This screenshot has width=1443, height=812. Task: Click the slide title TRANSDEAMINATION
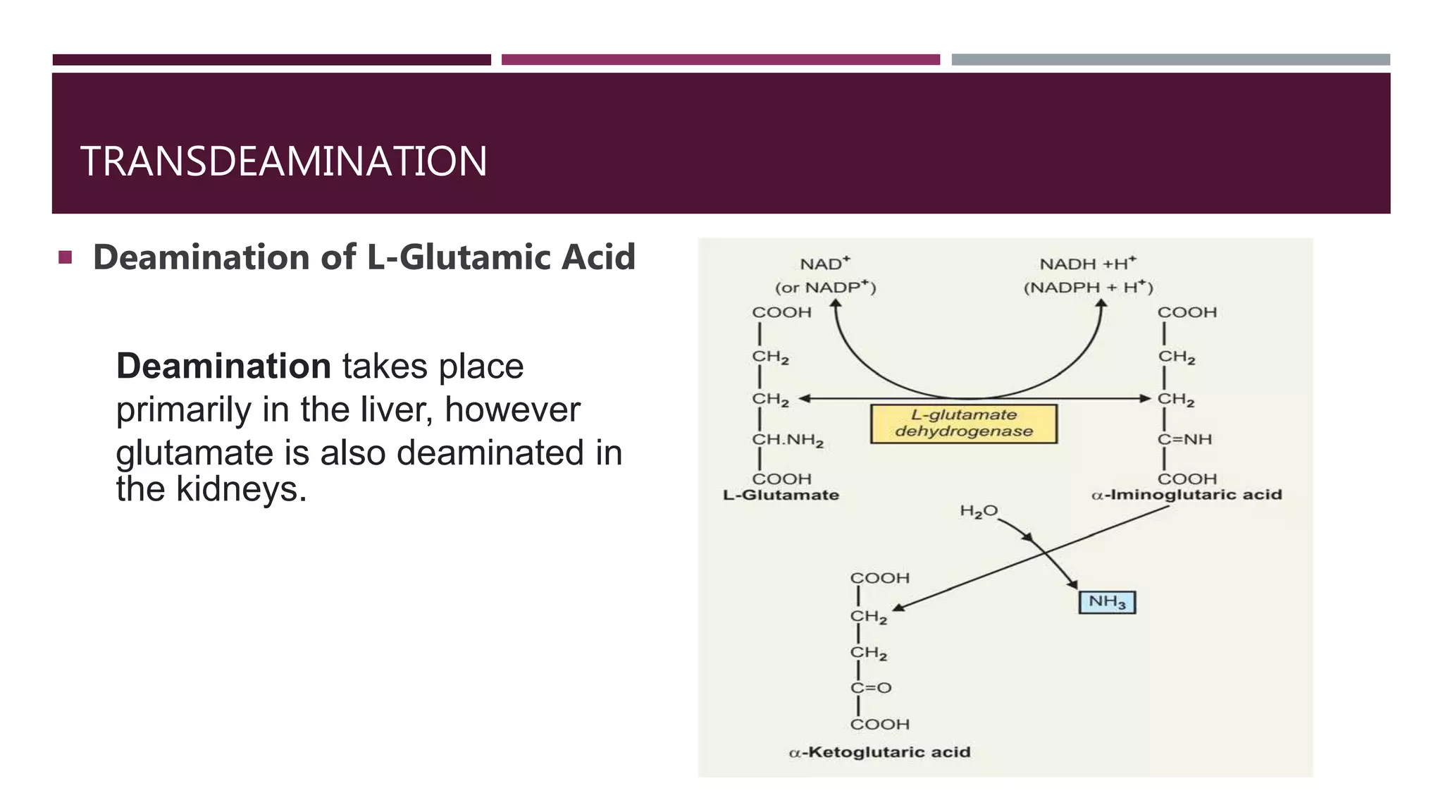[x=283, y=161]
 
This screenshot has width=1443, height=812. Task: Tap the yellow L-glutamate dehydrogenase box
[x=964, y=424]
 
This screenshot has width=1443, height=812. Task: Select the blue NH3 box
[x=1107, y=602]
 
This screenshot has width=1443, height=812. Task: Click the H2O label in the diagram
[x=979, y=511]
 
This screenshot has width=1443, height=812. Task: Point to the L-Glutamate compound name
[x=781, y=495]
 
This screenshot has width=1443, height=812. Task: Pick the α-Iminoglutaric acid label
[x=1187, y=495]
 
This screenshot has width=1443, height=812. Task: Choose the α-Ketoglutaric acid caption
[x=879, y=752]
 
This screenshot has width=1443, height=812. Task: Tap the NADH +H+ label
[x=1088, y=264]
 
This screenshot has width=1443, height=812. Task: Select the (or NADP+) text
[x=825, y=288]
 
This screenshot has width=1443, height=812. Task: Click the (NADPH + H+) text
[x=1088, y=288]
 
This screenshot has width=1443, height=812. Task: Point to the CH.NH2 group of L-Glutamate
[x=788, y=441]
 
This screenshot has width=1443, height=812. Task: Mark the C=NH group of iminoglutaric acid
[x=1185, y=440]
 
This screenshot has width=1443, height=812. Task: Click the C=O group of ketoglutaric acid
[x=871, y=688]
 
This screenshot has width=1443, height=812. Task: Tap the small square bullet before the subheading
[x=66, y=257]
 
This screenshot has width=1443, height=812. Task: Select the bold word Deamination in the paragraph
[x=223, y=367]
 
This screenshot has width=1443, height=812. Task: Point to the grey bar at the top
[x=1170, y=60]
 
